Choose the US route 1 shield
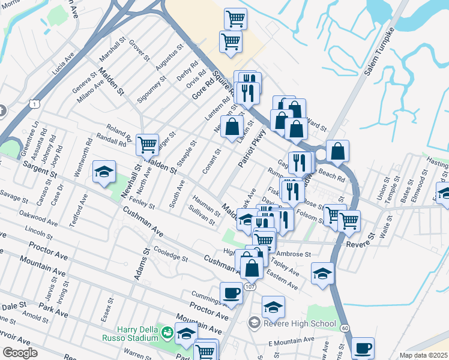(35, 104)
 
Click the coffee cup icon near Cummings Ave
(231, 293)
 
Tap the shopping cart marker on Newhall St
(147, 145)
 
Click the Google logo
(20, 353)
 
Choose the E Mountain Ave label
(291, 340)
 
